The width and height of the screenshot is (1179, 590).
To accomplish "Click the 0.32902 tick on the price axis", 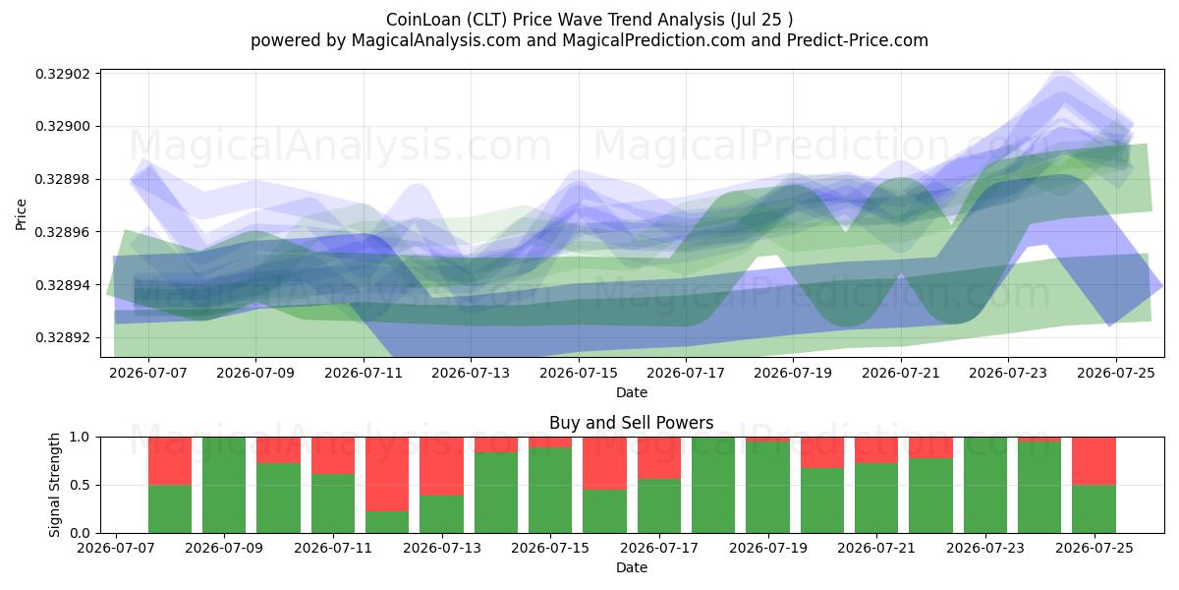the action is (x=61, y=74).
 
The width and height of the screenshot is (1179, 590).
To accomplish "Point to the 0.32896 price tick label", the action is (x=61, y=232).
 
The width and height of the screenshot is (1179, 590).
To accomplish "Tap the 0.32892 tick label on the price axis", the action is (x=61, y=337).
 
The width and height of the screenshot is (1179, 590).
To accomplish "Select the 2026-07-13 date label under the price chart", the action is (x=471, y=373).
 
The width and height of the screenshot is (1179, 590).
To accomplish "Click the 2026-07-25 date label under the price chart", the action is (x=1116, y=373).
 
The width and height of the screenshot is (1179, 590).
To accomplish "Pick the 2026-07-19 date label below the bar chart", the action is (x=768, y=548).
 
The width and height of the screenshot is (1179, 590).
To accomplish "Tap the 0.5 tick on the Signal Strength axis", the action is (x=80, y=485).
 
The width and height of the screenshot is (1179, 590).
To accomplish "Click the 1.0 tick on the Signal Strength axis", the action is (x=80, y=438).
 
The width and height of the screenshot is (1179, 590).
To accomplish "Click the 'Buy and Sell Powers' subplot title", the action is (x=632, y=423).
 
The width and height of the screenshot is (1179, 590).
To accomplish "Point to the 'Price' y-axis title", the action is (x=21, y=214).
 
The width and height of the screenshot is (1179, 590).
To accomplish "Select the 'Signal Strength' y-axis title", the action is (x=54, y=485).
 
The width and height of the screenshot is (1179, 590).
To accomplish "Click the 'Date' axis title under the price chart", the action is (x=632, y=392).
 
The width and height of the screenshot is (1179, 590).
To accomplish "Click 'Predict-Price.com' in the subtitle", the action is (x=858, y=40).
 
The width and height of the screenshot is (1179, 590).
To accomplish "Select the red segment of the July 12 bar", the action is (x=387, y=474).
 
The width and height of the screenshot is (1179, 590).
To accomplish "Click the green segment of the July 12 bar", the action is (x=387, y=522).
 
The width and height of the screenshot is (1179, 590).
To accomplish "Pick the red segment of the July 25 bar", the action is (x=1094, y=461).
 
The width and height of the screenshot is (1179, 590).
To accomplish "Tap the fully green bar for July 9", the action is (x=224, y=485).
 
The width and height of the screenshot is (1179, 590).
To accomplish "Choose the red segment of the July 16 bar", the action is (x=605, y=463).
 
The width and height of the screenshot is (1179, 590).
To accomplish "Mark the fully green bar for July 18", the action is (x=713, y=485).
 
